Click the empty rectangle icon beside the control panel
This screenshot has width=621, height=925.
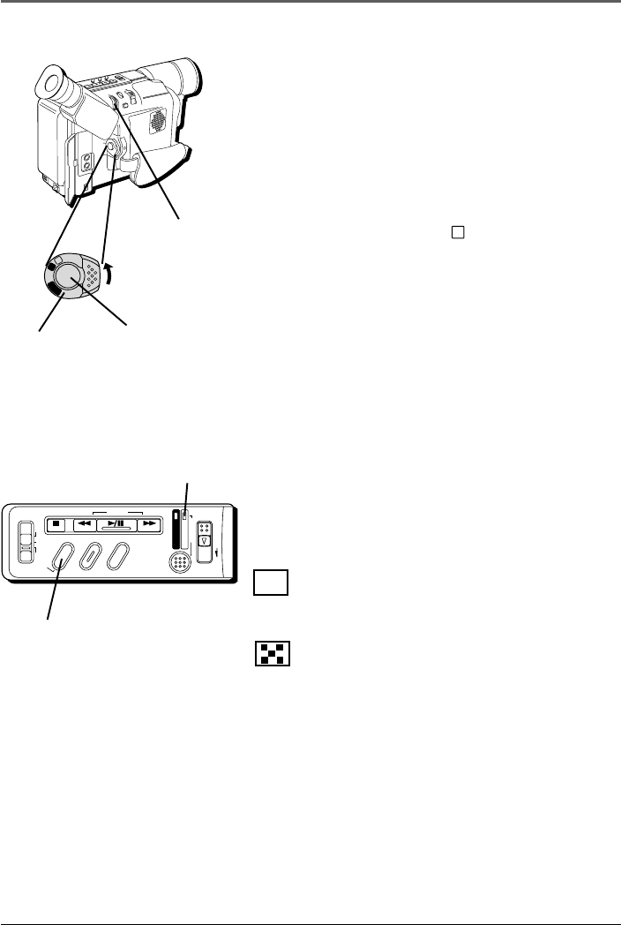click(272, 583)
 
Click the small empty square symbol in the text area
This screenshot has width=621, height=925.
click(458, 233)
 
